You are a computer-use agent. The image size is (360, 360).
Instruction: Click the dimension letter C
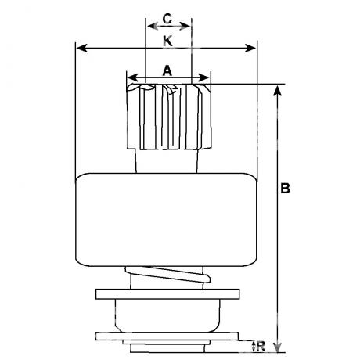tap(167, 19)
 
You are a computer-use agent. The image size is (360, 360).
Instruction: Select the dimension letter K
tap(167, 41)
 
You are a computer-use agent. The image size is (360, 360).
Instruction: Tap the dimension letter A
tap(167, 70)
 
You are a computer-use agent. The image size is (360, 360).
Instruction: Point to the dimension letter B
tap(285, 188)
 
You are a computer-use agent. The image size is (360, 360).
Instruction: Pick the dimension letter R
tap(261, 347)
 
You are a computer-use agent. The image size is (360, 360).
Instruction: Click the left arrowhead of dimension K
tap(82, 49)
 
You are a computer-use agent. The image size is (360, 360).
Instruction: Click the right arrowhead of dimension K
tap(250, 49)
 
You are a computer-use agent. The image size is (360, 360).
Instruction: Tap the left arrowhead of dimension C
tap(153, 26)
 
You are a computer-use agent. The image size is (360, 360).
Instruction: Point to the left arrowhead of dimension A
tap(132, 77)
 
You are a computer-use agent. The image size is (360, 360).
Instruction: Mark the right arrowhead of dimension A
tap(203, 77)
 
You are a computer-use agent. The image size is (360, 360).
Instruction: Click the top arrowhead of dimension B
tap(278, 90)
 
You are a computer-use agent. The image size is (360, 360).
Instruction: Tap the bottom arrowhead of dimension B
tap(278, 347)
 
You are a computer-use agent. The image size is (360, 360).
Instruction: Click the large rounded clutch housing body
tap(166, 220)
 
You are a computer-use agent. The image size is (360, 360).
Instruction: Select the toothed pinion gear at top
tap(168, 117)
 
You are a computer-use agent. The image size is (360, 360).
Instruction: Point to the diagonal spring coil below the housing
tap(167, 275)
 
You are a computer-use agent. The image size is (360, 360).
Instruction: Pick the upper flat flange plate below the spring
tap(167, 294)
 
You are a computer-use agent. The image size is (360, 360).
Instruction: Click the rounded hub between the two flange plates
tap(167, 315)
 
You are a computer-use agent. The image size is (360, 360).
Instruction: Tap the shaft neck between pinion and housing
tap(166, 161)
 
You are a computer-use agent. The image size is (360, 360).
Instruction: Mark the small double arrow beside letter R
tap(254, 346)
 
